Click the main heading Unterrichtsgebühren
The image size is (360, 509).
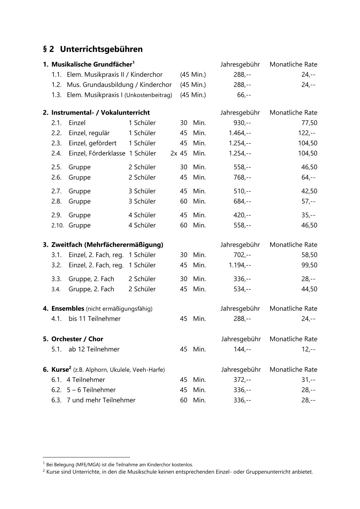101,49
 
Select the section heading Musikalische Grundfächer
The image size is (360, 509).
92,64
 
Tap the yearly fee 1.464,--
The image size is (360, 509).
240,133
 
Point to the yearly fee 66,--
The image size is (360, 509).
244,95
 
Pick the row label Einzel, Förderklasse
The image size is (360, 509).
97,153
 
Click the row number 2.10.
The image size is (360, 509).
57,225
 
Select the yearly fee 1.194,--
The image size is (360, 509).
240,265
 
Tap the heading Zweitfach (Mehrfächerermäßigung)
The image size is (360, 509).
107,245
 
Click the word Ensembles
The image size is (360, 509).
67,308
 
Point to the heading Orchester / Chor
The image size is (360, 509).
77,339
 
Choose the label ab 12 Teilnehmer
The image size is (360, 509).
94,349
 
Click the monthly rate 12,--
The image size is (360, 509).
308,349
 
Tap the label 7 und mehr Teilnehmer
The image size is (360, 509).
101,400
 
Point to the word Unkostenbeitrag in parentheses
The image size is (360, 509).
148,95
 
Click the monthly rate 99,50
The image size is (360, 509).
309,265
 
